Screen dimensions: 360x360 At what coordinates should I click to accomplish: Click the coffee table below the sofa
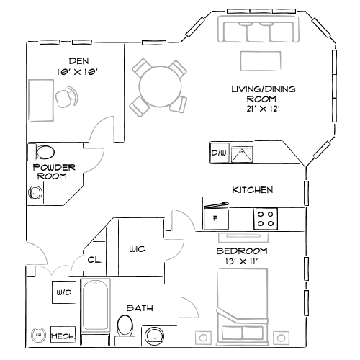click(x=260, y=60)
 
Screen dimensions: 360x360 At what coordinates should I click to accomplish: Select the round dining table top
click(x=159, y=86)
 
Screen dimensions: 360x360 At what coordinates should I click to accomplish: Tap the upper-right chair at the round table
click(x=177, y=69)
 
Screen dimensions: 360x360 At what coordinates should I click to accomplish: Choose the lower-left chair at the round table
click(x=139, y=107)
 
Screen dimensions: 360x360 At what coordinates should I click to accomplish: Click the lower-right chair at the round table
click(x=179, y=104)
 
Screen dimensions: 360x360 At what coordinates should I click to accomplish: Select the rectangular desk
click(x=41, y=100)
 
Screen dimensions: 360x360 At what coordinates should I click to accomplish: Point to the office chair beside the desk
click(x=67, y=97)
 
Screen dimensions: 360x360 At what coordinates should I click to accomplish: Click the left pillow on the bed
click(x=232, y=333)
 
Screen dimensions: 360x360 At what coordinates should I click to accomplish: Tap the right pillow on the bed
click(x=253, y=333)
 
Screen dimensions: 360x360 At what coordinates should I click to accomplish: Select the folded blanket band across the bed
click(x=243, y=317)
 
